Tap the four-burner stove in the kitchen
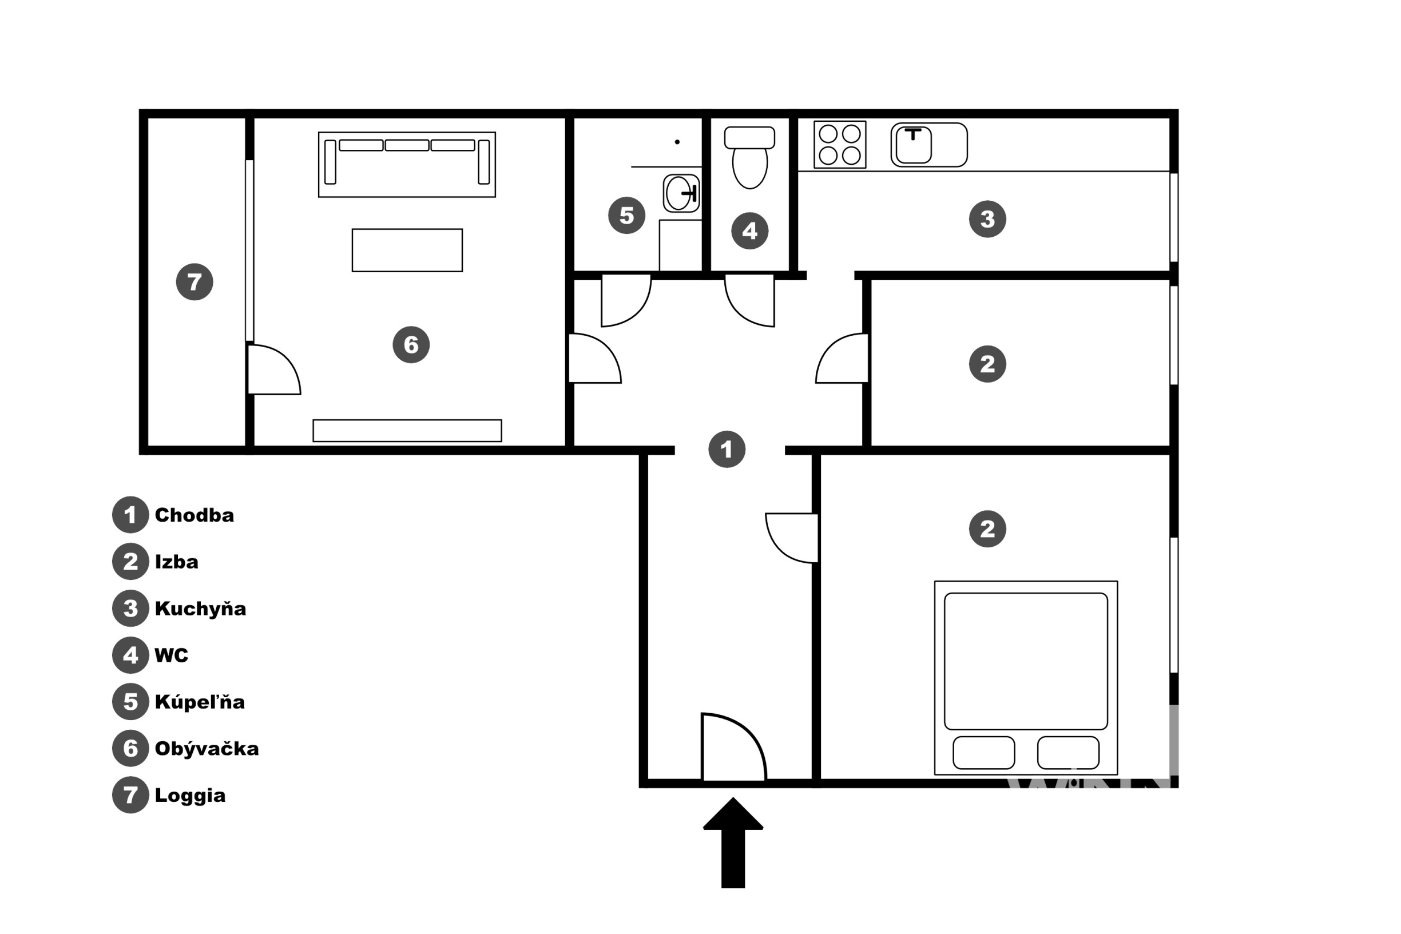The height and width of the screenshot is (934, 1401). click(840, 145)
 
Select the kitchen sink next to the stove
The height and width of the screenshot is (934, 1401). click(928, 145)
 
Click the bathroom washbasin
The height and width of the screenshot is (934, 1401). click(681, 193)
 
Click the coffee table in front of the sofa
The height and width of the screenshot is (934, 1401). click(407, 250)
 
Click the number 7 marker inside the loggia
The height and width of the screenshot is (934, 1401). click(195, 282)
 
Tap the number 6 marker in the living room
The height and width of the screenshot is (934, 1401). click(411, 344)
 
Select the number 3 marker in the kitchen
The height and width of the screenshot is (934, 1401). click(987, 219)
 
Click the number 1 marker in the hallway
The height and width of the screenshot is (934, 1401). click(727, 449)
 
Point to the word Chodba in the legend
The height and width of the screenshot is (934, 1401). click(194, 515)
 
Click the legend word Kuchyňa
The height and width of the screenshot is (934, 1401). click(200, 608)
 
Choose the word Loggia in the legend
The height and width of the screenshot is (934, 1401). click(190, 795)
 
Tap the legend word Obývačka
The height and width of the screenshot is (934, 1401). click(207, 748)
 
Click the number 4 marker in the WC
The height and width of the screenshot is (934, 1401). click(749, 230)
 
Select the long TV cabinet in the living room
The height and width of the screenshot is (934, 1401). click(407, 431)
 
